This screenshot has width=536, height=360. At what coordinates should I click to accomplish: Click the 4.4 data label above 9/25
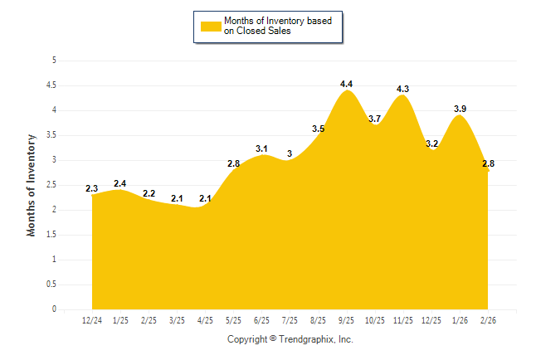pyautogui.click(x=347, y=84)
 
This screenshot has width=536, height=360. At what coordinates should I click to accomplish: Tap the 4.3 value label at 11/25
pyautogui.click(x=403, y=89)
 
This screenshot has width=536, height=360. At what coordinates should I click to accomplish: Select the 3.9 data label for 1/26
pyautogui.click(x=460, y=109)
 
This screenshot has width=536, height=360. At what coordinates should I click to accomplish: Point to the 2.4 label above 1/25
pyautogui.click(x=120, y=183)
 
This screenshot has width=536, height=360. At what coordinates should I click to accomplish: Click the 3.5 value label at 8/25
pyautogui.click(x=319, y=129)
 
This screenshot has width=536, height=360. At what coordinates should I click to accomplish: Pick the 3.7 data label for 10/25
pyautogui.click(x=375, y=119)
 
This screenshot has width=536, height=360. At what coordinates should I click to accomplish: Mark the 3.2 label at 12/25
pyautogui.click(x=431, y=144)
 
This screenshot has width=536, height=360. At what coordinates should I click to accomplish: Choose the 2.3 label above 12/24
pyautogui.click(x=92, y=188)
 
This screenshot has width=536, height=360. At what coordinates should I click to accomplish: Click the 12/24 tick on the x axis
pyautogui.click(x=92, y=319)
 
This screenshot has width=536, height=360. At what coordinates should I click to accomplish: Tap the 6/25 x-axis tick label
pyautogui.click(x=261, y=319)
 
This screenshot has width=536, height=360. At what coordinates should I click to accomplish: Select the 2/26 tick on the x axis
pyautogui.click(x=488, y=319)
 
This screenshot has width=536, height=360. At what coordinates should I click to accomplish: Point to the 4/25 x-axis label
pyautogui.click(x=205, y=319)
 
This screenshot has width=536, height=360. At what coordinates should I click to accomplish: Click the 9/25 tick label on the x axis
pyautogui.click(x=347, y=319)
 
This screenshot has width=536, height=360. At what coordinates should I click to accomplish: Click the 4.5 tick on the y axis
pyautogui.click(x=51, y=85)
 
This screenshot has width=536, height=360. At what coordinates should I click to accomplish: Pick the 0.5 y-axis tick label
pyautogui.click(x=51, y=285)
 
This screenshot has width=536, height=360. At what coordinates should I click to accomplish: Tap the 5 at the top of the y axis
pyautogui.click(x=54, y=61)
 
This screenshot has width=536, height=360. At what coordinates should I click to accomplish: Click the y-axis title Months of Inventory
pyautogui.click(x=32, y=185)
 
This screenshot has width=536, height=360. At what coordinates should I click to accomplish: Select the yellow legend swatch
pyautogui.click(x=211, y=27)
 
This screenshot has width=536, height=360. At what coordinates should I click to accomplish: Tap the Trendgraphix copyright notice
pyautogui.click(x=290, y=339)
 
